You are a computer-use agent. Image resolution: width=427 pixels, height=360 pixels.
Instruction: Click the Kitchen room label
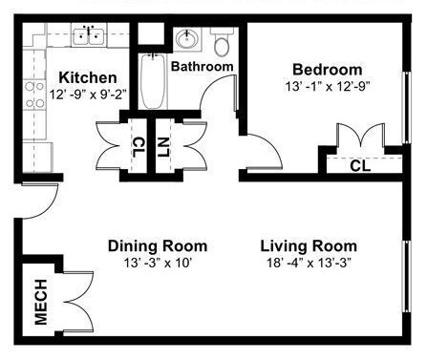pyautogui.click(x=87, y=77)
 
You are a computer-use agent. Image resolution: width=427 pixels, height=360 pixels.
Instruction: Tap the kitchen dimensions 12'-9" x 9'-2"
pyautogui.click(x=88, y=95)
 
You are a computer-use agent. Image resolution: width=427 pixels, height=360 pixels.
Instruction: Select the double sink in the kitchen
pyautogui.click(x=89, y=37)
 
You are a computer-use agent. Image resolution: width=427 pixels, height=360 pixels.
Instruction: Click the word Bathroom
pyautogui.click(x=203, y=67)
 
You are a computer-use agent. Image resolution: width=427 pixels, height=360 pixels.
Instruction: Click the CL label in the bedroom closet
pyautogui.click(x=360, y=165)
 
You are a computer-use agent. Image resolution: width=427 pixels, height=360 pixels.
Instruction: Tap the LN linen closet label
pyautogui.click(x=163, y=147)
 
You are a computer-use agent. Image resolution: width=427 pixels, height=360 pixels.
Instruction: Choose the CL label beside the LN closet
pyautogui.click(x=139, y=147)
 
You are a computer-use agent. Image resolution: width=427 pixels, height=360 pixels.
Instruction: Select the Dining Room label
pyautogui.click(x=157, y=245)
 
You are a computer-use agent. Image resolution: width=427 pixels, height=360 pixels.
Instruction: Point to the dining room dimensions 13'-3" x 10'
pyautogui.click(x=157, y=263)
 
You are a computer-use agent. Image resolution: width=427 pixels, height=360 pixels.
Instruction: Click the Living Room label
pyautogui.click(x=309, y=245)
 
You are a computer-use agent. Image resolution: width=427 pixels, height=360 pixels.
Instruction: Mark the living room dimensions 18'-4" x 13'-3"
pyautogui.click(x=309, y=263)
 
